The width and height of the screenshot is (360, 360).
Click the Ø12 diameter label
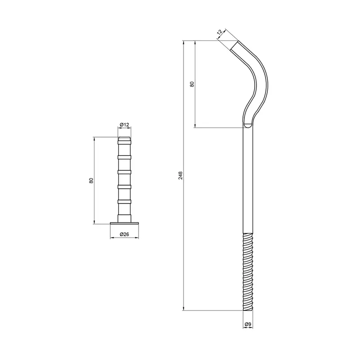coord(125,125)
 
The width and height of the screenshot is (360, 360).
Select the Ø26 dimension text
coord(125,234)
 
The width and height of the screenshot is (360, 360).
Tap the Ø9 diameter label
coord(248,324)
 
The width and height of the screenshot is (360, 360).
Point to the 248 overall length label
coord(180,175)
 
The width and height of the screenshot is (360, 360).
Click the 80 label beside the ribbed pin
coord(91,180)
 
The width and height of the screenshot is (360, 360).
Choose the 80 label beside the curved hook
coord(192,84)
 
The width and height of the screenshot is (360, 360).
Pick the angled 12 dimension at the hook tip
coord(220,32)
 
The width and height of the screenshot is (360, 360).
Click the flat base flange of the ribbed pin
coord(125,223)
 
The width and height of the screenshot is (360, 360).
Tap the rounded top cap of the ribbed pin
coord(125,139)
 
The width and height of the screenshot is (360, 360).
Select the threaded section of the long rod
coord(248,272)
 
